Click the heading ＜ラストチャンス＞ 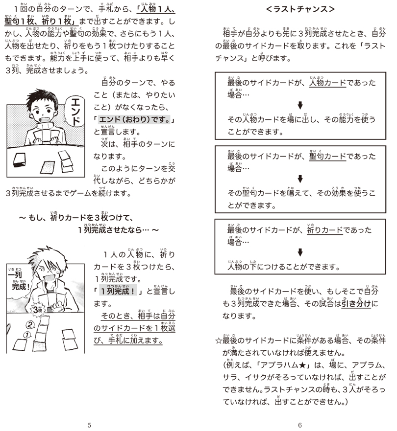point(300,9)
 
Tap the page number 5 point(89,425)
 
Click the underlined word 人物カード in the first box point(327,83)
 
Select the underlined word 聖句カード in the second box point(327,157)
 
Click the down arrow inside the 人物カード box point(300,105)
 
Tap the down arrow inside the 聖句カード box point(300,179)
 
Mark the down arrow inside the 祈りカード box point(300,252)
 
